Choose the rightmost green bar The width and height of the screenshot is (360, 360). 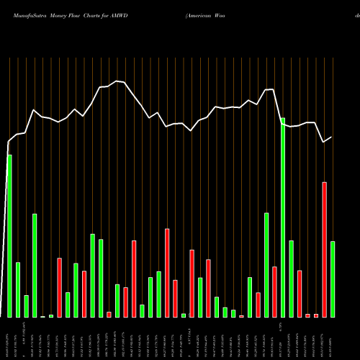[x=333, y=279]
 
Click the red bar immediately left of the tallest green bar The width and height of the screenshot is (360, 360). [x=274, y=292]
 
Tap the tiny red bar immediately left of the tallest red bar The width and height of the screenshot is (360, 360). [x=316, y=315]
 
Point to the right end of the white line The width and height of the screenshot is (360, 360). [x=332, y=137]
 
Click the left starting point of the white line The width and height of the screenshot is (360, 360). [x=8, y=141]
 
